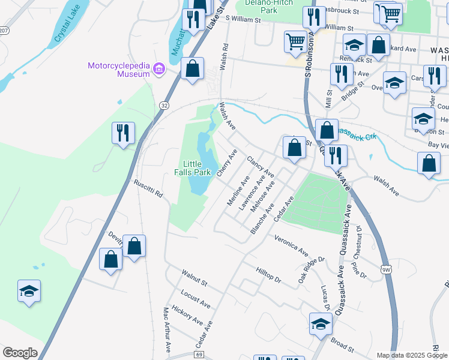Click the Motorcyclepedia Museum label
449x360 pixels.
coord(118,70)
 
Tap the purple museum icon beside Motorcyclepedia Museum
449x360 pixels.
coord(159,70)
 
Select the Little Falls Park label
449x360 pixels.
coord(196,168)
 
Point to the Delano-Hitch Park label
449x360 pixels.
coord(268,6)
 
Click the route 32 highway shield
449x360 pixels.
coord(164,105)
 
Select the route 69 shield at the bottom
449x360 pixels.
coord(199,355)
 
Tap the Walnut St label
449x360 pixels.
coord(194,277)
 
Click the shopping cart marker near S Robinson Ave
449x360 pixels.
coord(295,41)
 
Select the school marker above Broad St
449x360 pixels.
coord(321,323)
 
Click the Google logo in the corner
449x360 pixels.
coord(20,353)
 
